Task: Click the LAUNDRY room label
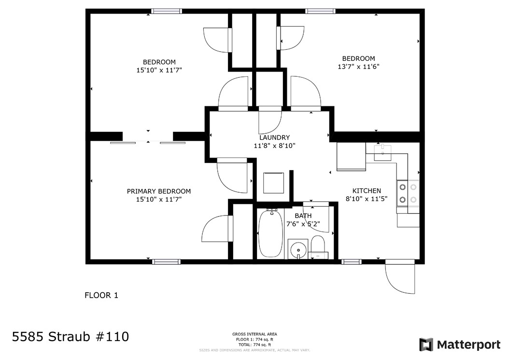[274, 137]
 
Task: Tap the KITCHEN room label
[366, 191]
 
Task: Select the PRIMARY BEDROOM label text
[158, 191]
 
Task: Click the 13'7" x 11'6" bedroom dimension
[358, 67]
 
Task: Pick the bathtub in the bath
[271, 234]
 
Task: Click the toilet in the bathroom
[318, 245]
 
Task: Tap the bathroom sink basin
[298, 249]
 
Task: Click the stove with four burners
[408, 192]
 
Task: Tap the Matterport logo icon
[425, 345]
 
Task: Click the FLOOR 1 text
[101, 295]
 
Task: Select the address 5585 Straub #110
[70, 336]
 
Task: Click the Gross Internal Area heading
[254, 334]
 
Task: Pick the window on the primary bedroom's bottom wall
[167, 262]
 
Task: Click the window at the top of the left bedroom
[167, 11]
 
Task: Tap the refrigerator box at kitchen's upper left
[351, 156]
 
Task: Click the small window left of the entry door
[351, 262]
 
